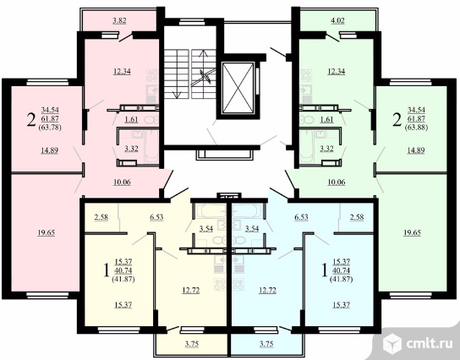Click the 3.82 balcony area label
coord(120,20)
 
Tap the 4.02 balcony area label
coord(337,20)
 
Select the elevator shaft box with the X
coord(238,87)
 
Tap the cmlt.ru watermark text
coord(430,344)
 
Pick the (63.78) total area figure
coord(50,128)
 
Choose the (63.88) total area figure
coord(416,128)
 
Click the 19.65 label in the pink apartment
coord(46,232)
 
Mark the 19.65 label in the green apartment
coord(412,232)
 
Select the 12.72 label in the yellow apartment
coord(191,290)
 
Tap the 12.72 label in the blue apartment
coord(267,290)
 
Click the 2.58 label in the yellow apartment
coord(101,217)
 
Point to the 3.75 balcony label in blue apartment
coord(266,344)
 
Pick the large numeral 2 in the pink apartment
coord(31,120)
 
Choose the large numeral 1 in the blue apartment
coord(324,270)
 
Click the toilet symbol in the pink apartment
coord(151,120)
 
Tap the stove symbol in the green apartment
coord(305,76)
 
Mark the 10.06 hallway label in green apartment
coord(337,182)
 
